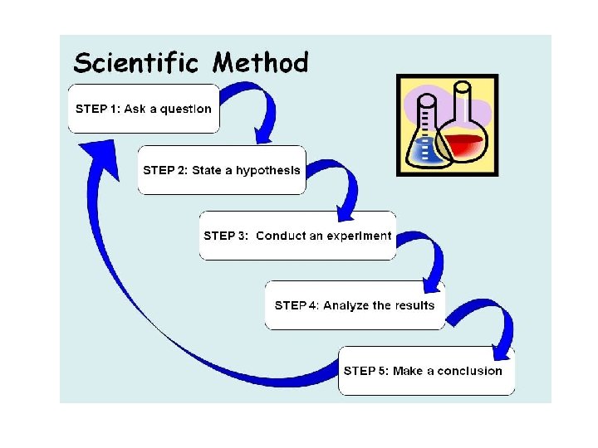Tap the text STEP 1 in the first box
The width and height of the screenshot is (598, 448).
point(96,109)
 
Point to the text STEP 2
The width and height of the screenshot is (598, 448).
point(164,170)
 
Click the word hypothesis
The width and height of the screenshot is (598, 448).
point(267,171)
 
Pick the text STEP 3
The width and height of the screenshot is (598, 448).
point(225,236)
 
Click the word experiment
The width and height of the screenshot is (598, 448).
point(359,236)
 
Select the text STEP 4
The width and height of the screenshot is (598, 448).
point(296,305)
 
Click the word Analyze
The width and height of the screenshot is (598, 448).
point(346,305)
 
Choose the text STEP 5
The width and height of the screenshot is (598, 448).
point(365,371)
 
